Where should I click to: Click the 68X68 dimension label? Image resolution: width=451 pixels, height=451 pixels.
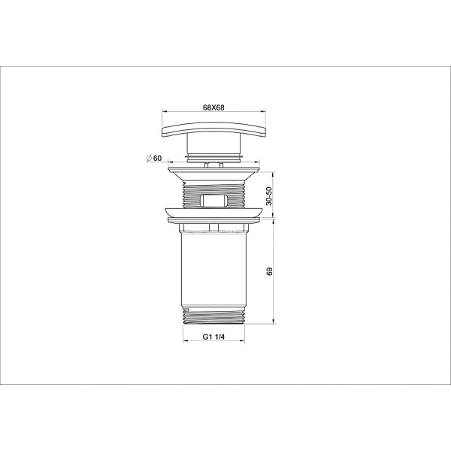[213, 107]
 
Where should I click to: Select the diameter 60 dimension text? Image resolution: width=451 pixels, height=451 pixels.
[157, 158]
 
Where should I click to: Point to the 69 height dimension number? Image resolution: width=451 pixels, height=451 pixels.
[270, 271]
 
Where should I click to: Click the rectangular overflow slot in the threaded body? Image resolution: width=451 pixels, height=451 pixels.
[213, 201]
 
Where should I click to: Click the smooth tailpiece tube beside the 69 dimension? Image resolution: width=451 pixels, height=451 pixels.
[213, 271]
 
